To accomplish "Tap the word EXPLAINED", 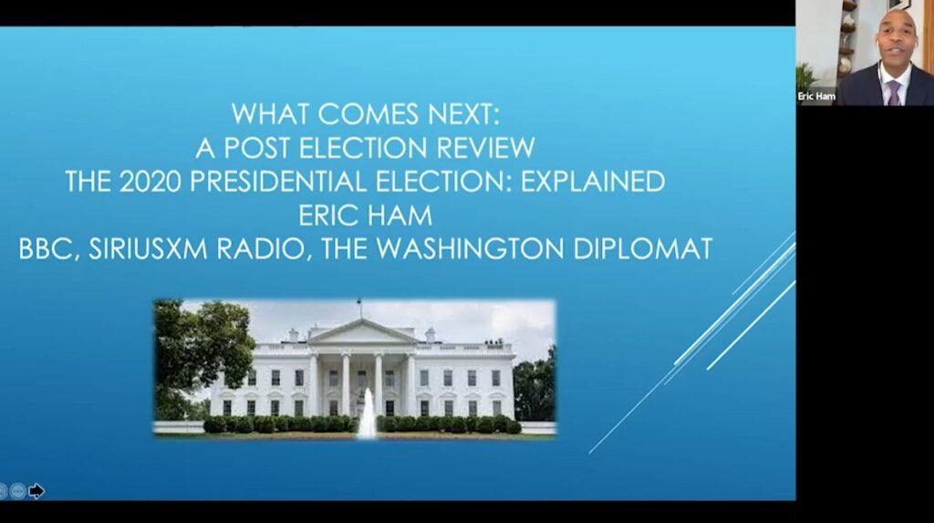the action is coord(593,182).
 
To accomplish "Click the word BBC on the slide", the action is coord(48,249).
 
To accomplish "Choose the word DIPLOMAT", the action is coord(643,248).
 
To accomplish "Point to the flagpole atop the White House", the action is coord(359,309).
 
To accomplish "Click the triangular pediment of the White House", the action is coord(363,331).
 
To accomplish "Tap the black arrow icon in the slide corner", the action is coord(36,491).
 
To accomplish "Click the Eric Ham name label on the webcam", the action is coord(816,96).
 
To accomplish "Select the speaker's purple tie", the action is coord(894,94).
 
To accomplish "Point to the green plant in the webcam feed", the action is coord(808,78).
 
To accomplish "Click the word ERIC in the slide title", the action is coord(331,215).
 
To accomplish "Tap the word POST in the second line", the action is coord(257,148).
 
